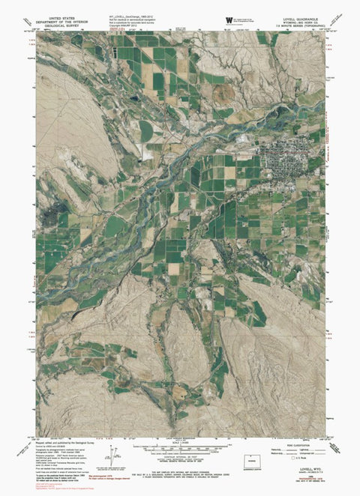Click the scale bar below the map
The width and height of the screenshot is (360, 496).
pyautogui.click(x=181, y=448)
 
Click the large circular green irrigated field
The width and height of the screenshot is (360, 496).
pyautogui.click(x=148, y=130)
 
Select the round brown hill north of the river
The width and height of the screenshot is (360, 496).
pyautogui.click(x=223, y=94)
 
